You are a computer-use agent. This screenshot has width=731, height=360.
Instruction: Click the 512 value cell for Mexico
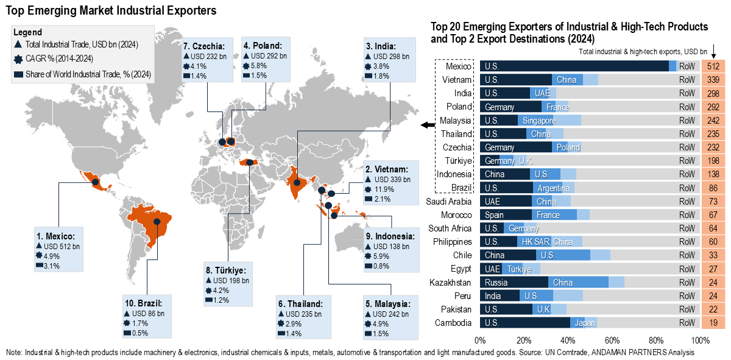(714, 66)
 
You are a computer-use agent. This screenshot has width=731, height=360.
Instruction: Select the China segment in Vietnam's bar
(567, 80)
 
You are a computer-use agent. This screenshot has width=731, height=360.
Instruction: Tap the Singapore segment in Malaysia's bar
(535, 121)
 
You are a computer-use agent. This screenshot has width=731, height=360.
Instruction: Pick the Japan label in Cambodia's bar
(584, 323)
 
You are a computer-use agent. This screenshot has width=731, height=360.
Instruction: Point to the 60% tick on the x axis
(612, 339)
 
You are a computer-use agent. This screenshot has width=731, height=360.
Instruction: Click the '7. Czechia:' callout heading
(204, 46)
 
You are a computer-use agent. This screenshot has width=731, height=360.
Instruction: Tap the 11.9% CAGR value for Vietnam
(385, 189)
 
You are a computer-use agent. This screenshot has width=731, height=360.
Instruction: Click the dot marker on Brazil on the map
(156, 222)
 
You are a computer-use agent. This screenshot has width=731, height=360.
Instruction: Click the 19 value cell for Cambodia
(714, 323)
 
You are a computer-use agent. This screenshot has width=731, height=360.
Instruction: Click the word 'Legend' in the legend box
(27, 32)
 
